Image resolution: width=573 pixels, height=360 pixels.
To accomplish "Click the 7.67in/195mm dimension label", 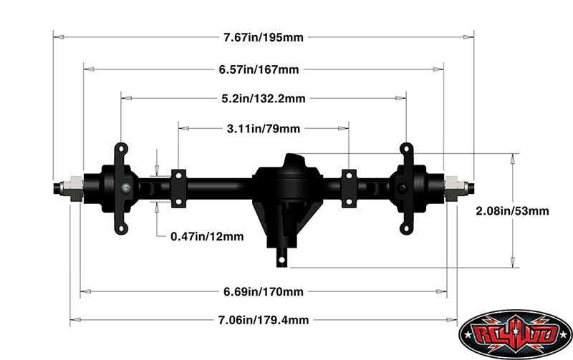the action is point(264,37).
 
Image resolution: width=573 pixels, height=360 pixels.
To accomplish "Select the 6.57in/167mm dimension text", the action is point(259,69).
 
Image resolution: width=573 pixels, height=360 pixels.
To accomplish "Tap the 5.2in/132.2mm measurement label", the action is point(264,99).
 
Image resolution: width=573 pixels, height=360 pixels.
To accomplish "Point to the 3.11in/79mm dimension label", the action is point(264,129).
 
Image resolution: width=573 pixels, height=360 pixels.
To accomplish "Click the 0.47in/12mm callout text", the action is point(207,237).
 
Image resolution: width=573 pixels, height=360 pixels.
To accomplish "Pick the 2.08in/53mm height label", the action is point(512,211).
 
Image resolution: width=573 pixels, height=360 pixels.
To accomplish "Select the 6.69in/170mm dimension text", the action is point(264,292).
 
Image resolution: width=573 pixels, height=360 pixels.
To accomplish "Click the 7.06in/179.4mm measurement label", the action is point(264,320).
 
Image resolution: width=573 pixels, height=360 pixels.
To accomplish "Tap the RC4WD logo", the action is point(515,334).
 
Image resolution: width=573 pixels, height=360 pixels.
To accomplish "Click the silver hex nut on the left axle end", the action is point(72,188).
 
